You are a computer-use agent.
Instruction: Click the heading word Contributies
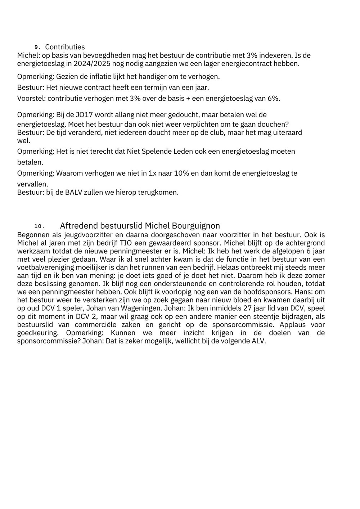(x=65, y=47)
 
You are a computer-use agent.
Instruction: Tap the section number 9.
(x=36, y=48)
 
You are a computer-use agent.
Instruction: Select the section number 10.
(x=39, y=226)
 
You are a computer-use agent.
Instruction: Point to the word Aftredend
(x=78, y=226)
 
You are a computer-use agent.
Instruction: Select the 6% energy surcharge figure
(x=274, y=99)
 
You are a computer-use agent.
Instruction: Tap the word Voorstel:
(x=31, y=99)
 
